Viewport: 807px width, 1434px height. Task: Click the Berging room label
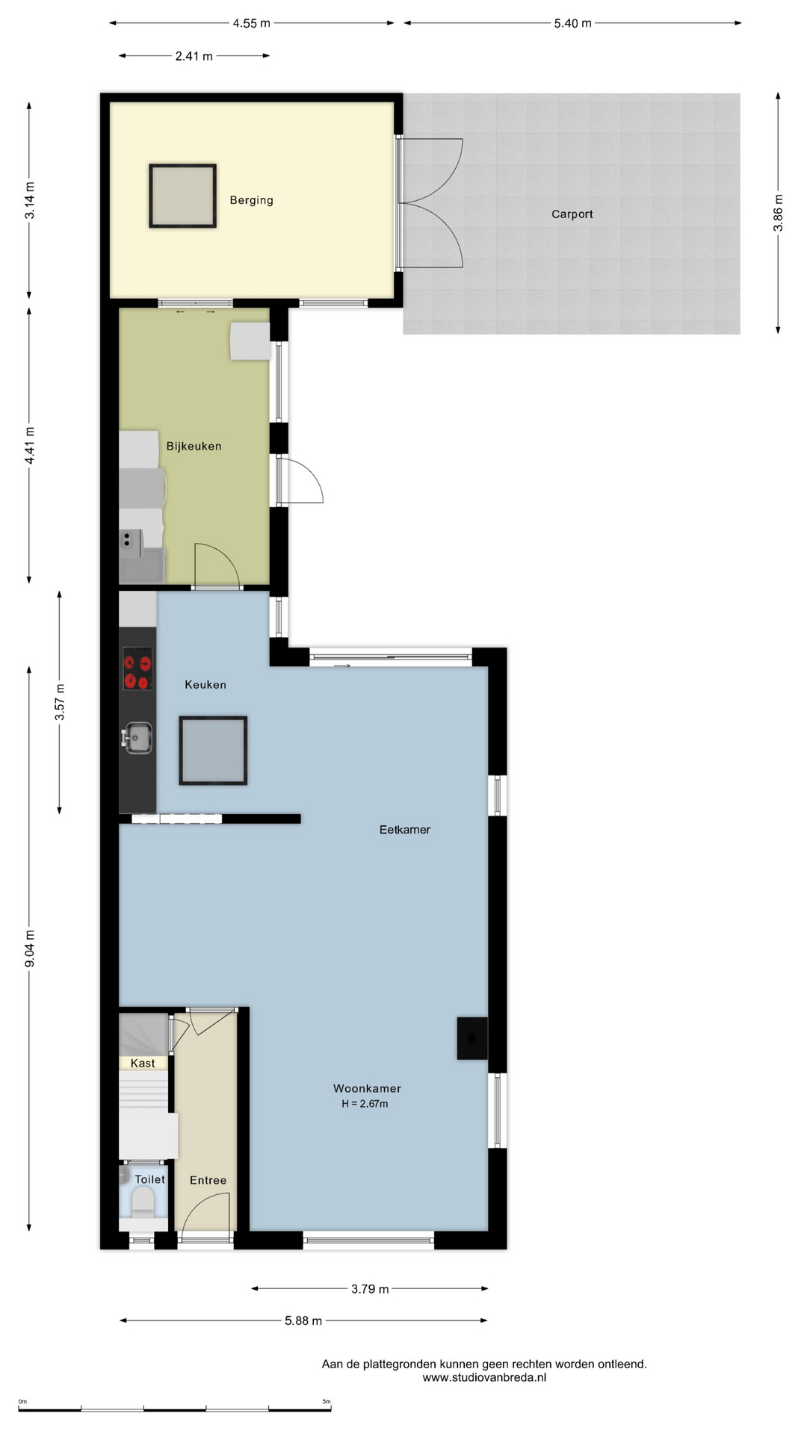pyautogui.click(x=251, y=200)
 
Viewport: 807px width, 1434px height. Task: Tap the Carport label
pyautogui.click(x=572, y=214)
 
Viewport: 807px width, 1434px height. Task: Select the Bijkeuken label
pyautogui.click(x=194, y=447)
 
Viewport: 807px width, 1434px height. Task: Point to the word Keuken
pyautogui.click(x=205, y=684)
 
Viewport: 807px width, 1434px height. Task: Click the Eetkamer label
pyautogui.click(x=405, y=829)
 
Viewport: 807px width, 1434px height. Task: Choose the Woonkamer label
pyautogui.click(x=367, y=1088)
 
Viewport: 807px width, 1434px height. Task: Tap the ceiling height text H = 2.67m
pyautogui.click(x=365, y=1104)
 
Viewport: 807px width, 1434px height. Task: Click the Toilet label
pyautogui.click(x=149, y=1179)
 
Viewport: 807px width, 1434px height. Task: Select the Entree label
pyautogui.click(x=208, y=1180)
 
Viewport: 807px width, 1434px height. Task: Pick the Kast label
pyautogui.click(x=143, y=1064)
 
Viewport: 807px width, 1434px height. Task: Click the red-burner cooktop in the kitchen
pyautogui.click(x=137, y=669)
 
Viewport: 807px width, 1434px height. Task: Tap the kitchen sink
pyautogui.click(x=137, y=738)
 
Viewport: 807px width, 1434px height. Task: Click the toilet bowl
pyautogui.click(x=143, y=1204)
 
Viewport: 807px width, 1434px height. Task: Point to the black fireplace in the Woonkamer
pyautogui.click(x=472, y=1038)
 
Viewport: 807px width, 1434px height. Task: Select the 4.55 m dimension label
pyautogui.click(x=251, y=23)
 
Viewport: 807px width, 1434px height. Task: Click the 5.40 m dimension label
pyautogui.click(x=572, y=23)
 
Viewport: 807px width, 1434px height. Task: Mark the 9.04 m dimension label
pyautogui.click(x=30, y=949)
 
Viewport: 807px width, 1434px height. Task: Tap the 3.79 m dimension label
pyautogui.click(x=370, y=1289)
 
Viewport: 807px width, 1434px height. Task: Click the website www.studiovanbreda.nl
pyautogui.click(x=484, y=1377)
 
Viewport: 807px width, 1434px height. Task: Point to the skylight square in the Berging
pyautogui.click(x=183, y=196)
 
